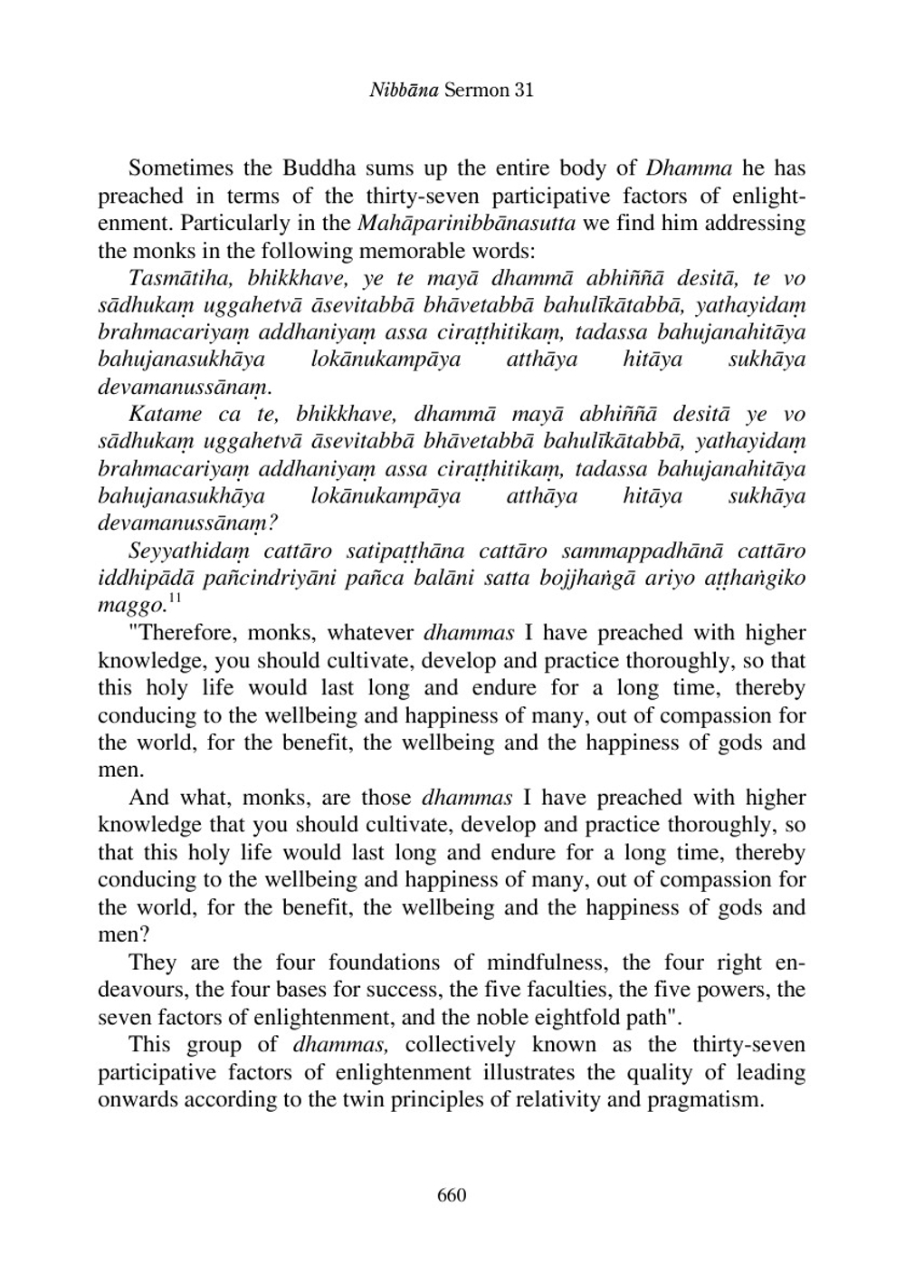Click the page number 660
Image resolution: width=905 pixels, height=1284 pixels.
(452, 1195)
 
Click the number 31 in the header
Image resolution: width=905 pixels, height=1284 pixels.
(523, 90)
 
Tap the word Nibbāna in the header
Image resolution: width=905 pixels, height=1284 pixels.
(405, 90)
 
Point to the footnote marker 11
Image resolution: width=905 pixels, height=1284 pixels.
(175, 599)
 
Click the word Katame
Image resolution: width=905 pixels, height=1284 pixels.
(166, 415)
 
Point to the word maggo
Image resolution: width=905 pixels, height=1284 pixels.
(129, 605)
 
